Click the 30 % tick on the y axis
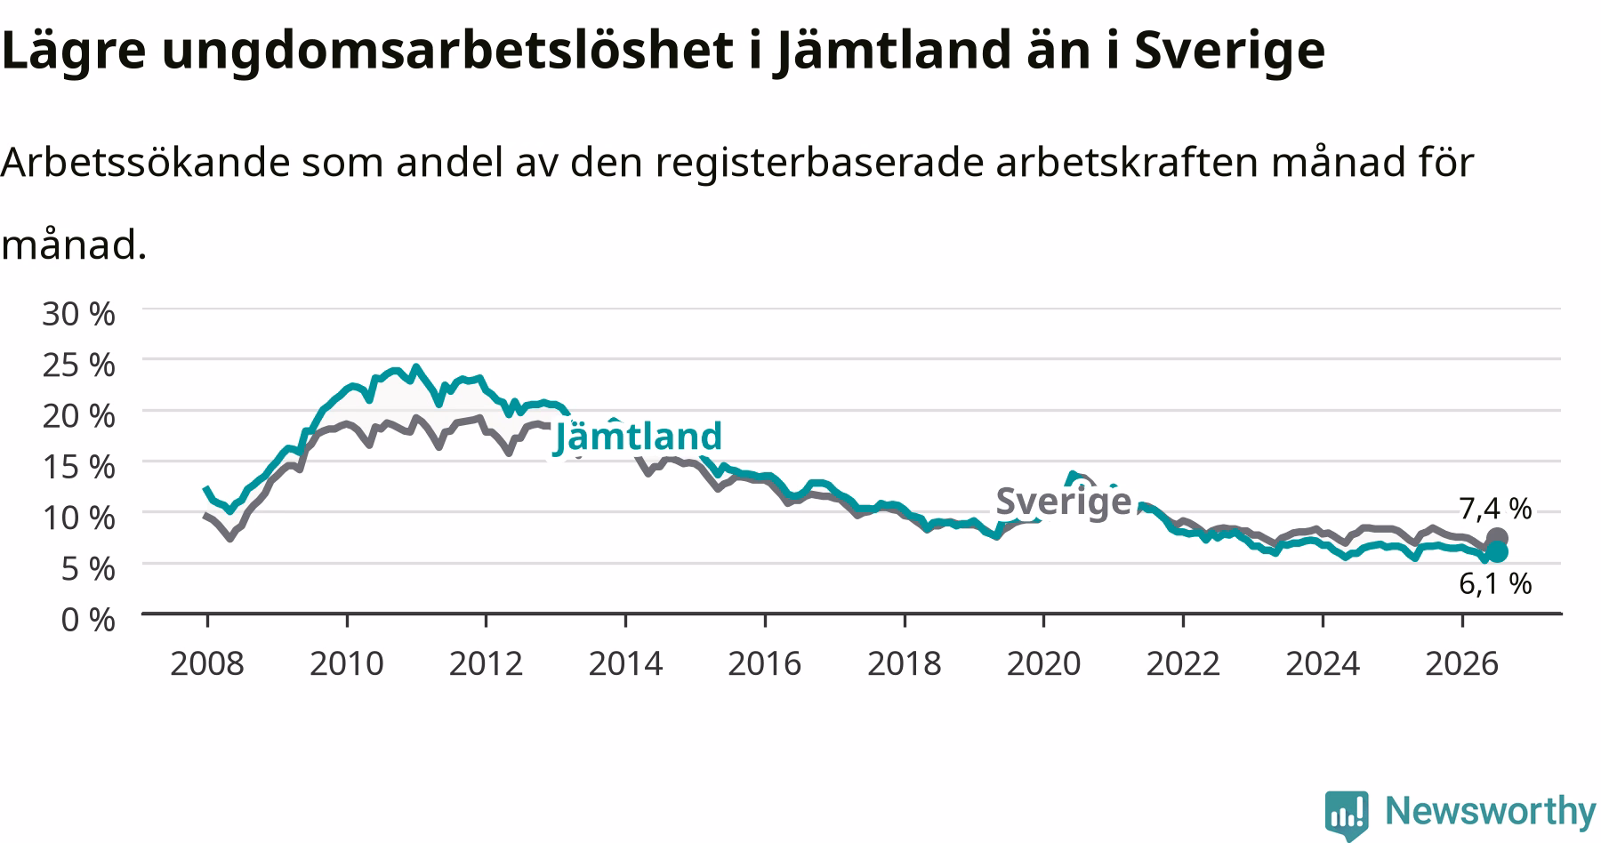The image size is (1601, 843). click(78, 313)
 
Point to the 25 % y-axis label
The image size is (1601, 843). click(78, 365)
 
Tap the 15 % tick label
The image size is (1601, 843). click(78, 466)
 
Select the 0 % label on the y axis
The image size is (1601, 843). click(88, 619)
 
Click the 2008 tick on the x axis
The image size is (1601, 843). click(207, 663)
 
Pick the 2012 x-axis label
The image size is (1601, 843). click(486, 663)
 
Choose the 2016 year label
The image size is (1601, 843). click(765, 663)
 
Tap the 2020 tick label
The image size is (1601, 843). click(1043, 663)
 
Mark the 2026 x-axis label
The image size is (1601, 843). click(1462, 663)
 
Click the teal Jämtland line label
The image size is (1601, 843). click(638, 437)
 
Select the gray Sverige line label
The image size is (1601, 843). click(1064, 502)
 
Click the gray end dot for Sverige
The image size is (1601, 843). click(1497, 538)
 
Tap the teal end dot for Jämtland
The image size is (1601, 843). click(1497, 552)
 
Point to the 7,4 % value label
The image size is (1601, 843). click(1495, 509)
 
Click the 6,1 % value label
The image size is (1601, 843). click(1495, 583)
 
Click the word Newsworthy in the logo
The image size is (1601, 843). click(1491, 811)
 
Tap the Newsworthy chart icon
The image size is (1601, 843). click(1347, 814)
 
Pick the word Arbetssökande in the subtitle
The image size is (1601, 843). click(145, 162)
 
